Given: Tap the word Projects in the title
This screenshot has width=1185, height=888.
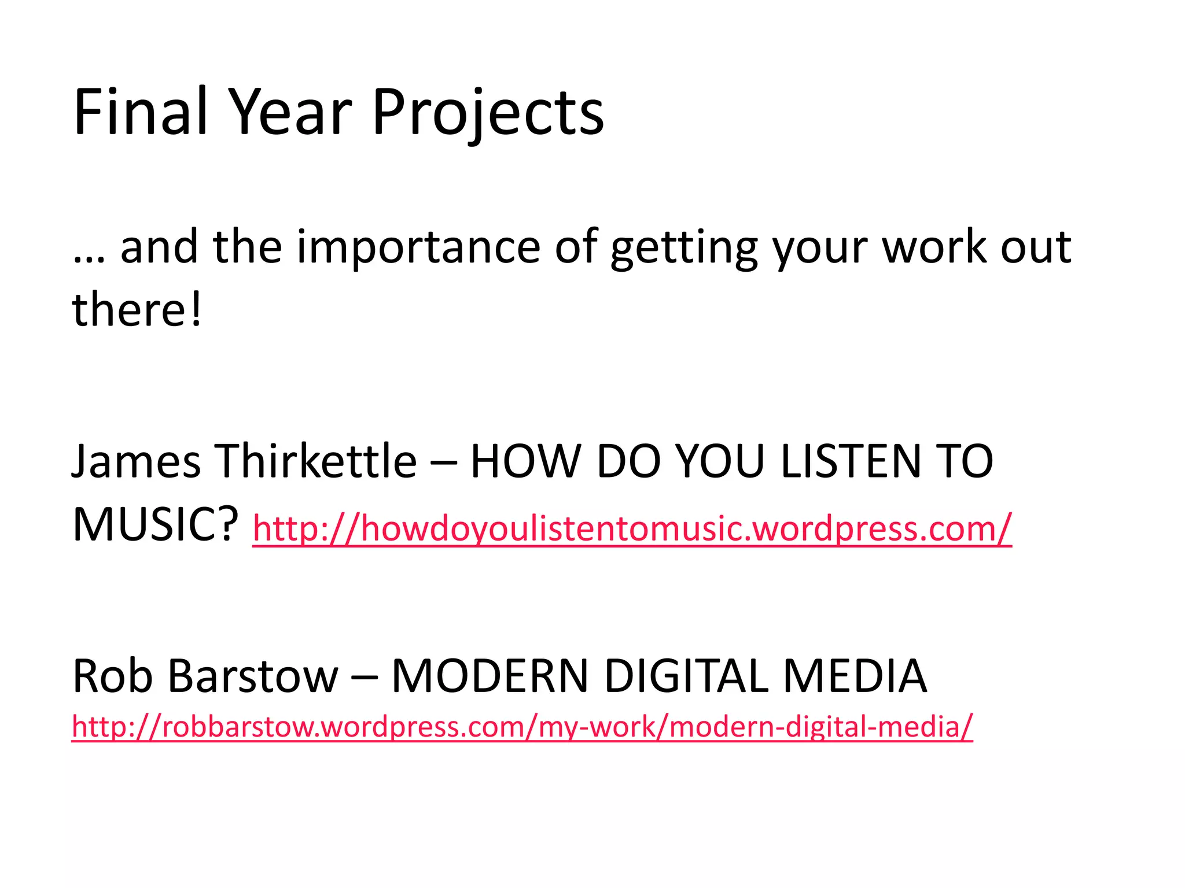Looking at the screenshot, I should pos(488,113).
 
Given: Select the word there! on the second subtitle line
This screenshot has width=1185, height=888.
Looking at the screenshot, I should pos(137,309).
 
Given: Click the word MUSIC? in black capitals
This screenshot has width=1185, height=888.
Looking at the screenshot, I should pos(155,524).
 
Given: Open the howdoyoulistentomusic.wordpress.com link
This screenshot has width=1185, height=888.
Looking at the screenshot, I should pos(632,528).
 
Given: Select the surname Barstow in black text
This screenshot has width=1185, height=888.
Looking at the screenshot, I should pos(253,676).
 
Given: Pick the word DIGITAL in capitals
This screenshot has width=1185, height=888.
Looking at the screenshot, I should pos(686,676).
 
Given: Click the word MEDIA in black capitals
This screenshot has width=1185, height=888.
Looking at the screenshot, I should pos(855,676).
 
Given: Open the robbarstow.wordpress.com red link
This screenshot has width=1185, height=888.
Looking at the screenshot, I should pos(522,727).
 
